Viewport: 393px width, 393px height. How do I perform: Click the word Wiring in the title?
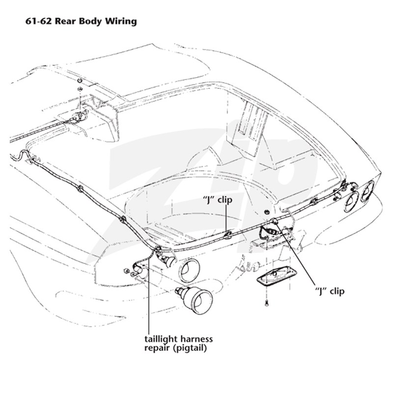tap(121, 21)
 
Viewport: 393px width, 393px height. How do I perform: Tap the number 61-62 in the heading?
tap(39, 21)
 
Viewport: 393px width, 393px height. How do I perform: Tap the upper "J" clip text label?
tap(217, 200)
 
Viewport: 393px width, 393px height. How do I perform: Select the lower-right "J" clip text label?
tap(330, 291)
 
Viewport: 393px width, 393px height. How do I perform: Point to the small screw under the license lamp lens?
tap(266, 303)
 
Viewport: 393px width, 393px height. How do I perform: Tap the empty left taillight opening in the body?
tap(189, 270)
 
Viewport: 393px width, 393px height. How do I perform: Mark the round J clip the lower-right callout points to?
tap(274, 221)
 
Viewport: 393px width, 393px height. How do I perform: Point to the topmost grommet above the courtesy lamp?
tap(80, 81)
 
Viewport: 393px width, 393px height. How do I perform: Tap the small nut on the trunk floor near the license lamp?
tap(266, 212)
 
